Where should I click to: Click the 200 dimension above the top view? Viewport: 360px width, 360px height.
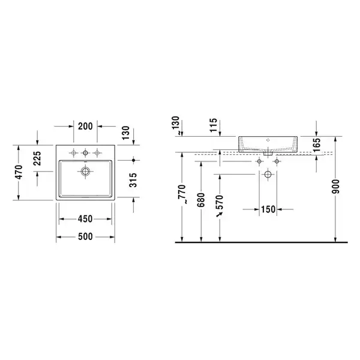(x=85, y=126)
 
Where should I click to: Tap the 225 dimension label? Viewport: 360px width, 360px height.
(x=37, y=158)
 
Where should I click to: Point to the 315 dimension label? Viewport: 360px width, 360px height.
(x=133, y=180)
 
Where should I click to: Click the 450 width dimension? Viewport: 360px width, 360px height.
(x=85, y=219)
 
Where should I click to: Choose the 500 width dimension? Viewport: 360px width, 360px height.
(x=85, y=237)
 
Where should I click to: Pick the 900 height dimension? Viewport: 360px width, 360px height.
(x=335, y=187)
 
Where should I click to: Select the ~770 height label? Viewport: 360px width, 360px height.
(x=182, y=194)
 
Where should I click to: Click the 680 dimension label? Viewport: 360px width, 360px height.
(x=201, y=200)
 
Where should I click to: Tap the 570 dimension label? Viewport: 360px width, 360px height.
(x=220, y=202)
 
